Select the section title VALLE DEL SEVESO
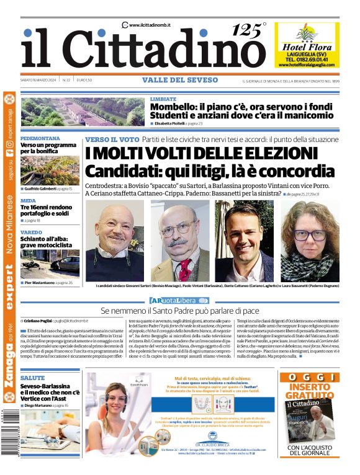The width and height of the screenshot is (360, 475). (179, 80)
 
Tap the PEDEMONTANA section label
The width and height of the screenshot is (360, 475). (40, 138)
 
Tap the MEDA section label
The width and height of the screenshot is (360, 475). (28, 200)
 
